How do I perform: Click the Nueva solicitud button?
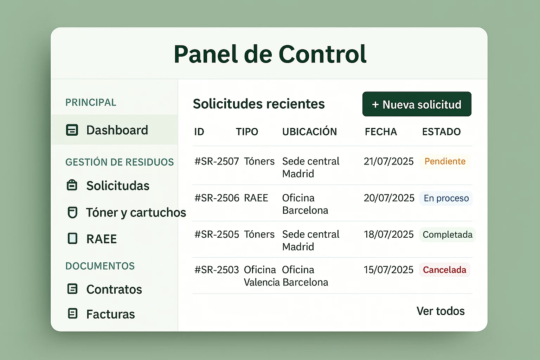click(417, 104)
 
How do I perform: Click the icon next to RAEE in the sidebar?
click(72, 238)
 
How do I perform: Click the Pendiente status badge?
click(445, 161)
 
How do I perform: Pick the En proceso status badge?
click(446, 198)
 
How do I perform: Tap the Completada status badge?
click(448, 234)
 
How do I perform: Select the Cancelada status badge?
click(444, 270)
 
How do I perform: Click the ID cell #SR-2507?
click(217, 161)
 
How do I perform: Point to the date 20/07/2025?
click(389, 198)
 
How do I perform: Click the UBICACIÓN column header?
click(309, 131)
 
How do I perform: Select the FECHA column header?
click(381, 131)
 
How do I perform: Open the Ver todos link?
click(441, 311)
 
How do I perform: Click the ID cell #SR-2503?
click(217, 270)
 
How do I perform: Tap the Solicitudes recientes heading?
click(259, 104)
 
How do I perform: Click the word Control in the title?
click(322, 54)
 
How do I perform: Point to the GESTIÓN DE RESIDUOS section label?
click(120, 162)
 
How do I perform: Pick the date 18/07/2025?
click(388, 234)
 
